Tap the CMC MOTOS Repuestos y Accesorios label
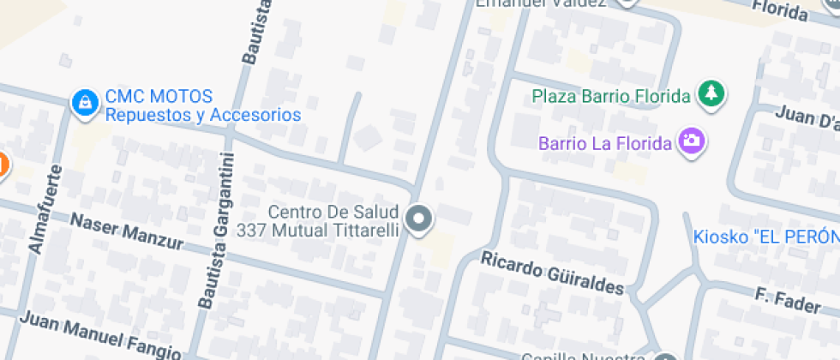pos(202,105)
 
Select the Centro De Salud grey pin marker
pos(419,219)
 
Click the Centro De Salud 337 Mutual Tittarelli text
pos(333,220)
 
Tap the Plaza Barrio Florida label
pos(610,95)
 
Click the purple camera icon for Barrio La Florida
pos(691,141)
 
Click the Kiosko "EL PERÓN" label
pos(765,237)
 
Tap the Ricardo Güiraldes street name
pos(551,272)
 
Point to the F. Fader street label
pos(789,301)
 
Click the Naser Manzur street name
pos(126,231)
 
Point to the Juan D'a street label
pos(807,118)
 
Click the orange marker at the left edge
pos(2,164)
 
